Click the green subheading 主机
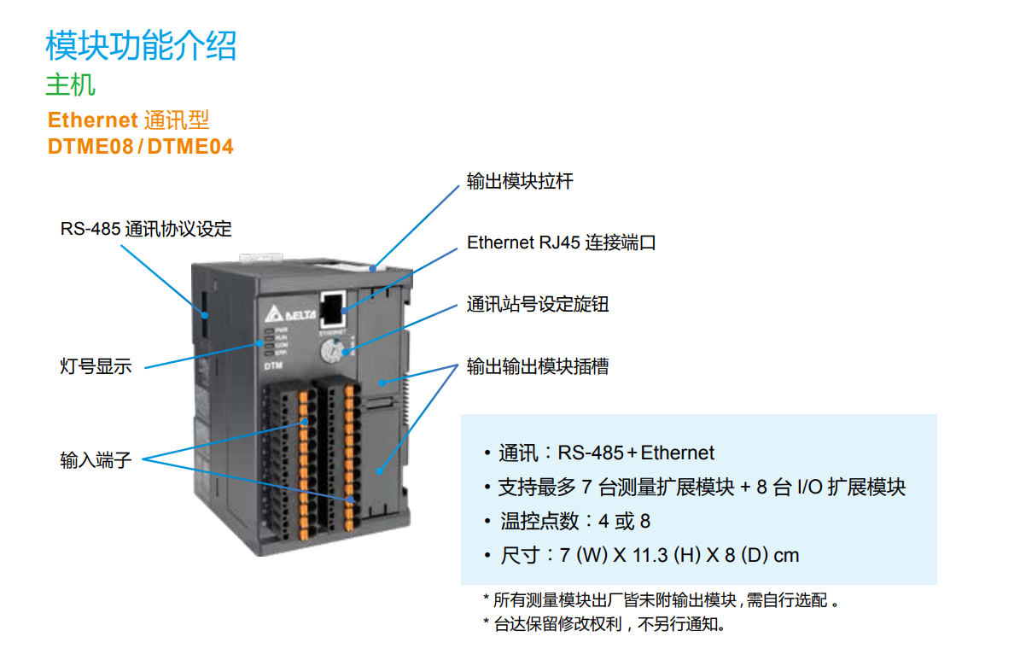tap(70, 85)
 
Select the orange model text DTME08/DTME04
tap(141, 147)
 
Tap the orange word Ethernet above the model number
tap(92, 120)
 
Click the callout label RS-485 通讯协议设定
tap(146, 230)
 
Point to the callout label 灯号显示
tap(96, 368)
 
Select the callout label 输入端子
tap(96, 462)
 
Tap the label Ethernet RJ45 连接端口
tap(561, 243)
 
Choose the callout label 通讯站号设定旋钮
tap(538, 305)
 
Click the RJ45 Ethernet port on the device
tap(332, 305)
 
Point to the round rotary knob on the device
tap(330, 351)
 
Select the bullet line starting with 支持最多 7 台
tap(701, 488)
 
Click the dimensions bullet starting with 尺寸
tap(650, 556)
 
